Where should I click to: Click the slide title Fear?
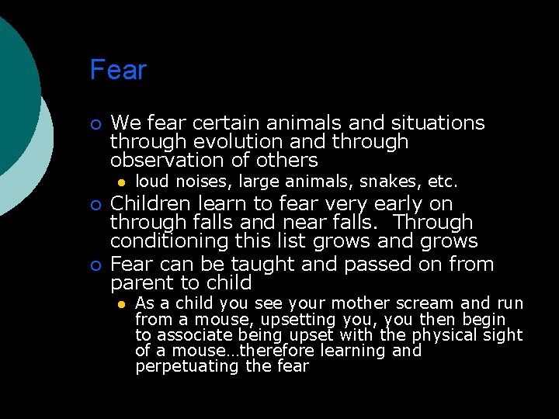118,70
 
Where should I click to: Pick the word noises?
204,182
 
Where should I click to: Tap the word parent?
139,282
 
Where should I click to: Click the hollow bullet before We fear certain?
95,124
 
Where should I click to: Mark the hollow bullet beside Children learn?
95,205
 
